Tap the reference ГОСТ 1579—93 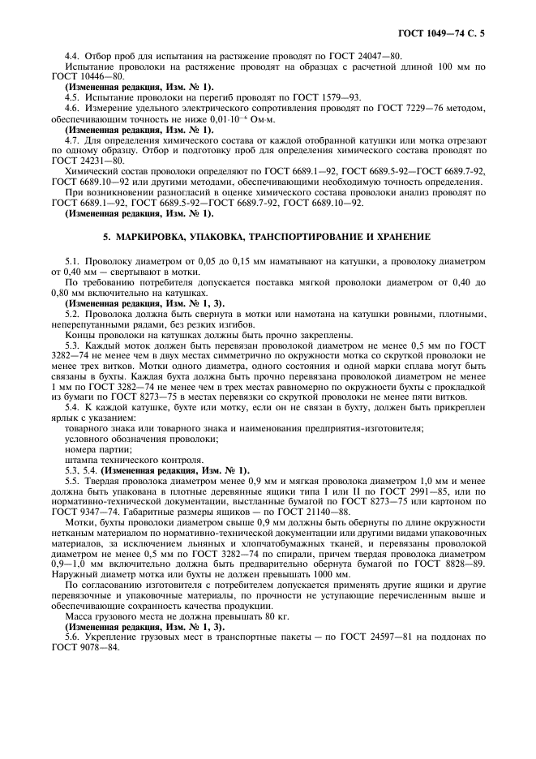point(331,96)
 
